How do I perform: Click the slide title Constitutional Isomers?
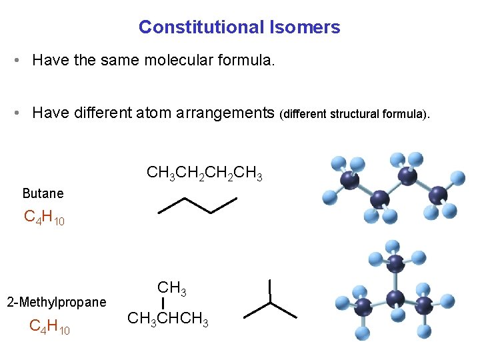(x=239, y=27)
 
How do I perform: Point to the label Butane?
(x=43, y=193)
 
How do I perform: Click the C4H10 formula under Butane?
(x=44, y=217)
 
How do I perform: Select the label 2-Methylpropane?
(x=56, y=302)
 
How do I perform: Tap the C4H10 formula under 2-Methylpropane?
(x=50, y=327)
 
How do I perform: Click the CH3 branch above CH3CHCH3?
(x=171, y=288)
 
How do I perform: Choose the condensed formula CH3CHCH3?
(x=168, y=319)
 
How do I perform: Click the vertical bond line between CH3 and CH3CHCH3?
(x=163, y=304)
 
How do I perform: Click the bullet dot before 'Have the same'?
(x=15, y=61)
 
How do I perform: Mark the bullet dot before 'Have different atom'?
(x=15, y=113)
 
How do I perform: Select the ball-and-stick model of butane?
(x=391, y=189)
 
